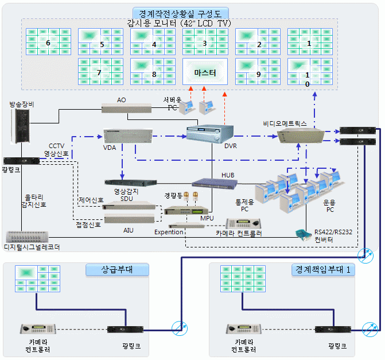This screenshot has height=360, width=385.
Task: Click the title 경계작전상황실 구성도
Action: click(181, 13)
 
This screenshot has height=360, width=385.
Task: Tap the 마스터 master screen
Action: click(205, 73)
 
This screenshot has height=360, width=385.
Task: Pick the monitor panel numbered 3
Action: click(205, 42)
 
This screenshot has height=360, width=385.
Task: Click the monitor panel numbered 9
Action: click(257, 73)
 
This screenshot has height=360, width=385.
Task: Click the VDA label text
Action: click(109, 148)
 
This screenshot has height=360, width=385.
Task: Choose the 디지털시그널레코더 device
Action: click(27, 236)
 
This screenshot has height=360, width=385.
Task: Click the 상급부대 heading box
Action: click(117, 269)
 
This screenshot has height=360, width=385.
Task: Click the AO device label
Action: click(121, 100)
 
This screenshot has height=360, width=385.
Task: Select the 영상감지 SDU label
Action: click(127, 195)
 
